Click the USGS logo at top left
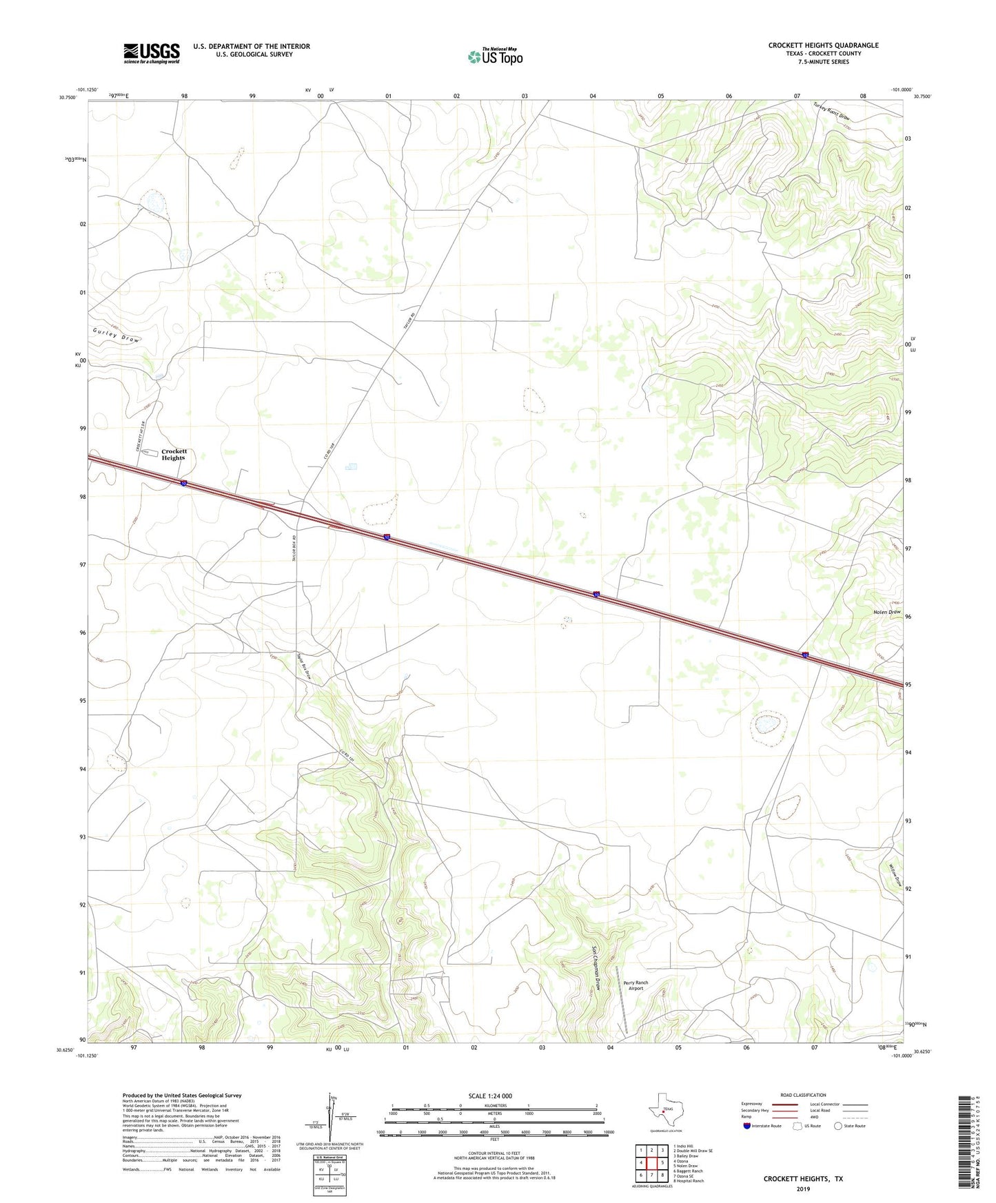152,52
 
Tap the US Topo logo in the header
495,56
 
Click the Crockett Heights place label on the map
174,455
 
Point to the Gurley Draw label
116,336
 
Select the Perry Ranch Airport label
636,985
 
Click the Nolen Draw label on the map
886,612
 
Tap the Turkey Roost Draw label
831,111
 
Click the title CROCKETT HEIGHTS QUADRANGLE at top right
823,45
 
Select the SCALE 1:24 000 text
490,1096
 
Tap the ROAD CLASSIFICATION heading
803,1095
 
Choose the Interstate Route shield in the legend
748,1126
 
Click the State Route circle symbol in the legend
838,1126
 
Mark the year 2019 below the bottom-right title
802,1189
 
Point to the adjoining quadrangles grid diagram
651,1162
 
